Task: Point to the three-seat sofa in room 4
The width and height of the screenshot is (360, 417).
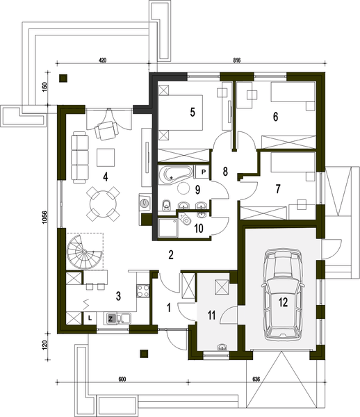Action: (x=80, y=152)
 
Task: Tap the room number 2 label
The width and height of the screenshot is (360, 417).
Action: (x=170, y=255)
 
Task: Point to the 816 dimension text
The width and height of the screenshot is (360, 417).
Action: (x=226, y=61)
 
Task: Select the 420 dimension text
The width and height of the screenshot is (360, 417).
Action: (x=102, y=61)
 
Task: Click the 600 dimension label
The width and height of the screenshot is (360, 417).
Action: (x=122, y=379)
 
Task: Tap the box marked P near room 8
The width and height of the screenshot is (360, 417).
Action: (x=204, y=171)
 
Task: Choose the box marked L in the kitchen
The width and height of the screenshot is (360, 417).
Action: (x=90, y=317)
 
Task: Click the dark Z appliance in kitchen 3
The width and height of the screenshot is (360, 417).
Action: (x=111, y=318)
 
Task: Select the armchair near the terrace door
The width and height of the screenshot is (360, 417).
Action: (x=108, y=129)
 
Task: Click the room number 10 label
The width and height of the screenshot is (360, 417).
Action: (x=198, y=227)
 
